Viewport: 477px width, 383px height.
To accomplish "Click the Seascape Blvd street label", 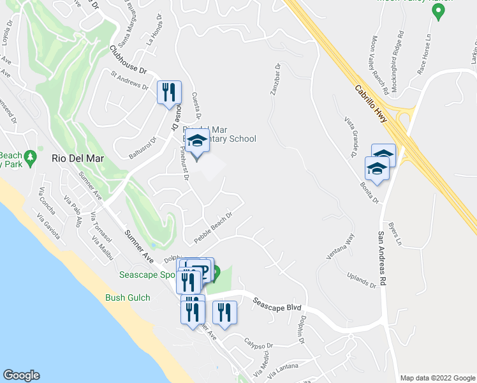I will (277, 304).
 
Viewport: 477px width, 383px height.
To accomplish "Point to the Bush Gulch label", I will (128, 297).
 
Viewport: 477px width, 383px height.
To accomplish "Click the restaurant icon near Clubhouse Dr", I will (169, 92).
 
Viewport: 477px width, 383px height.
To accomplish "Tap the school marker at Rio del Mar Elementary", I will (197, 145).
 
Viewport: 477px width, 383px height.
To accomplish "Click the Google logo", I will (21, 375).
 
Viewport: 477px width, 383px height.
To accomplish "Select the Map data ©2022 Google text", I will (437, 378).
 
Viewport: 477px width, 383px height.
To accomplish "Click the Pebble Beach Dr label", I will (212, 227).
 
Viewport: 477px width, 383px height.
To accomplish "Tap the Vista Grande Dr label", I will (349, 137).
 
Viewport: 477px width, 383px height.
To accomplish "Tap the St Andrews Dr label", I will (129, 83).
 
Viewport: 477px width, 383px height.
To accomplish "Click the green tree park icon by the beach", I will (30, 157).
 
